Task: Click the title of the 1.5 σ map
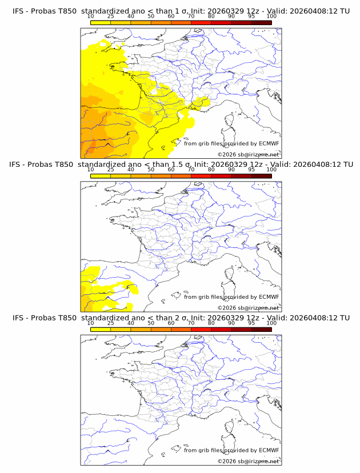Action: (x=181, y=165)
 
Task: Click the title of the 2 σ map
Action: (x=181, y=318)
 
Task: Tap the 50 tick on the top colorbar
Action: (x=151, y=16)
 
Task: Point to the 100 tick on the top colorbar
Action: (x=271, y=16)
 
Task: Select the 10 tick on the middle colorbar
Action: (x=90, y=170)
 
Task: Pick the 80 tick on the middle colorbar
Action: (x=211, y=170)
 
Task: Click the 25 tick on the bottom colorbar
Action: (x=110, y=323)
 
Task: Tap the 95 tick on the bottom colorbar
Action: (x=251, y=323)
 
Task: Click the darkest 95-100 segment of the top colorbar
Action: (x=261, y=22)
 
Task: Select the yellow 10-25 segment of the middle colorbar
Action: (x=101, y=176)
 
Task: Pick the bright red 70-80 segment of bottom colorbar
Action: (x=201, y=329)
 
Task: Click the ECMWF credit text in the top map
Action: (x=231, y=143)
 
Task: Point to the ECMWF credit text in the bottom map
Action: (x=231, y=450)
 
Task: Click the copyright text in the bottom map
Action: (x=249, y=461)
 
